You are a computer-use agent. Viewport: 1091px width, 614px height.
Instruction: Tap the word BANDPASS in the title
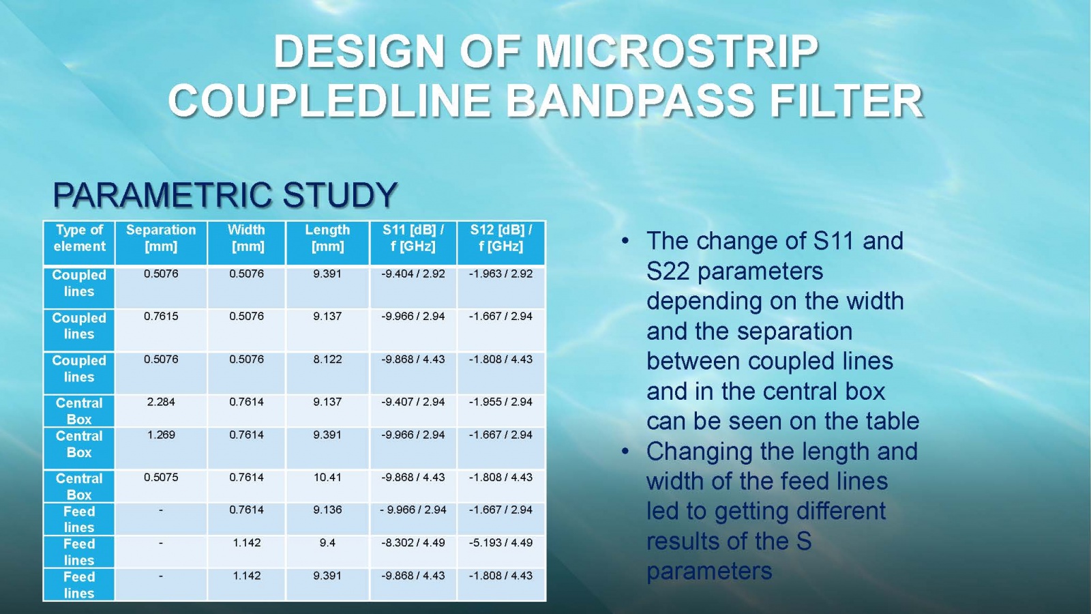(x=630, y=101)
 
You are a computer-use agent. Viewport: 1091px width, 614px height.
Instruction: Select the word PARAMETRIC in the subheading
(x=162, y=194)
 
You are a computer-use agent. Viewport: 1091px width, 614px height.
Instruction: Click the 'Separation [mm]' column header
(x=161, y=238)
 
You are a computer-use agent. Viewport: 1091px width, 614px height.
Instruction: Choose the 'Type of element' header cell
(x=79, y=238)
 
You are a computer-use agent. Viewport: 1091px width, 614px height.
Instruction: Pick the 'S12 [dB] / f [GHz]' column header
(x=500, y=238)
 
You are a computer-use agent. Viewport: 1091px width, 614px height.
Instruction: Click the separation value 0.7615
(x=161, y=317)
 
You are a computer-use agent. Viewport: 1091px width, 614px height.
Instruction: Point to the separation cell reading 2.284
(x=161, y=402)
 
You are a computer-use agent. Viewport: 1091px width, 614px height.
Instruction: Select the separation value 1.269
(x=161, y=435)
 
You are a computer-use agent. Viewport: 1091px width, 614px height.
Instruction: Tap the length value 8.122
(x=327, y=359)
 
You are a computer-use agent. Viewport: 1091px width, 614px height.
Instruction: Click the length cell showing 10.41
(x=327, y=477)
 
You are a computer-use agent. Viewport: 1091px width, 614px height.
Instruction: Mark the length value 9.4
(x=327, y=542)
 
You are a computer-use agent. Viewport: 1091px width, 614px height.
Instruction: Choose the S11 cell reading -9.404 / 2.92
(x=413, y=274)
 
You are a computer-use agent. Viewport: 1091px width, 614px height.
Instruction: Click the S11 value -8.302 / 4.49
(x=413, y=542)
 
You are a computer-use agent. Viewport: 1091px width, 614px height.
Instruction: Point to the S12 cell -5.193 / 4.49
(x=500, y=542)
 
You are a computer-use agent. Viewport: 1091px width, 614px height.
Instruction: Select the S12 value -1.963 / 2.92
(x=500, y=274)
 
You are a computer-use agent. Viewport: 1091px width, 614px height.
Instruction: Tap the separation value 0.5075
(x=161, y=477)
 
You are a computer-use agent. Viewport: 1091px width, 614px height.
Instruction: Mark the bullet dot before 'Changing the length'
(x=625, y=452)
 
